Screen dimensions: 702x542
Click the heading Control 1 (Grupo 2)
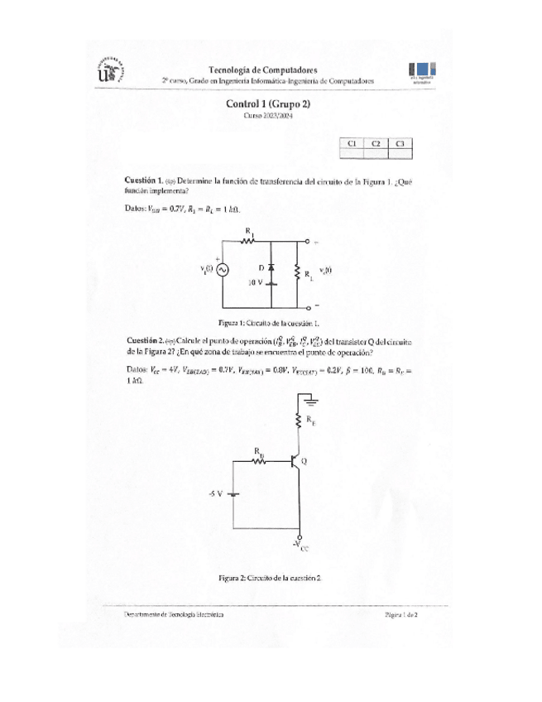(268, 104)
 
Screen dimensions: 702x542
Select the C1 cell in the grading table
(352, 143)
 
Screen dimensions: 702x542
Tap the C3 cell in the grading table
(401, 143)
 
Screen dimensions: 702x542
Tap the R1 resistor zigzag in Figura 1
(248, 241)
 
